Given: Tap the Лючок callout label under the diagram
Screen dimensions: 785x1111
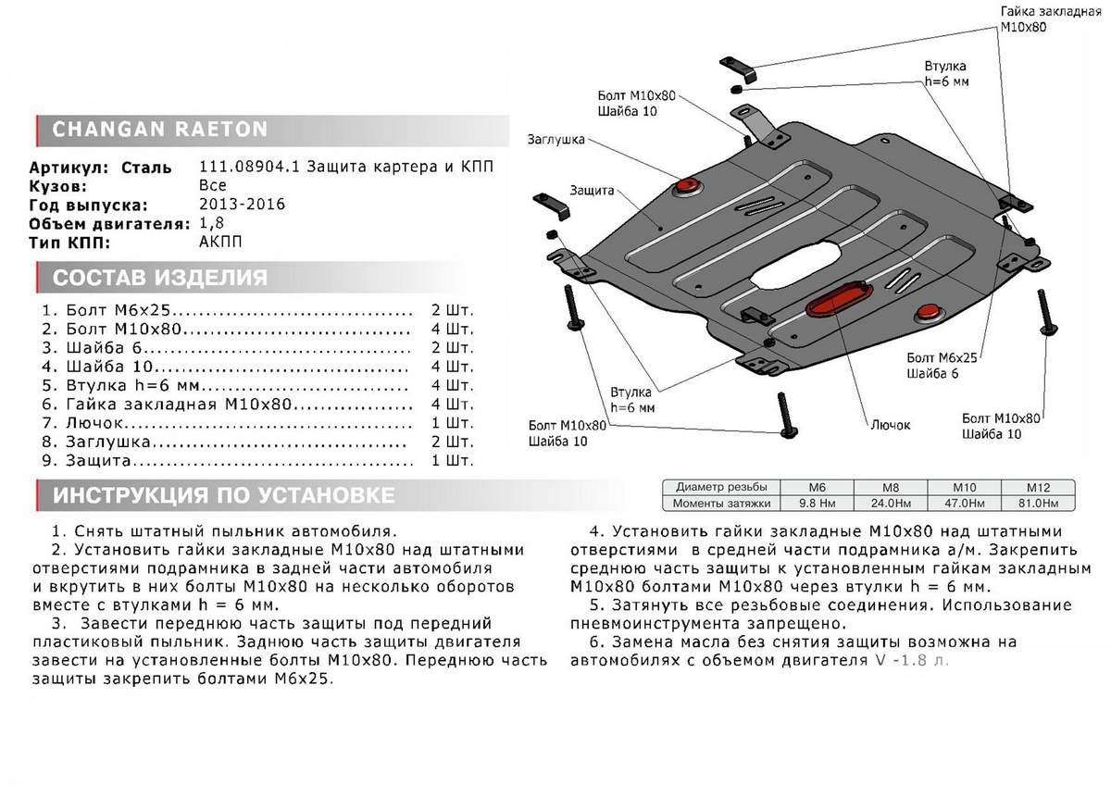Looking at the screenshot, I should [x=890, y=425].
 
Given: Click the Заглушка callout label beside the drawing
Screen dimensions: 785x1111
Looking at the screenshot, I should [x=555, y=140].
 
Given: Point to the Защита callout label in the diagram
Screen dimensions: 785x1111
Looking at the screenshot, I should [x=593, y=191].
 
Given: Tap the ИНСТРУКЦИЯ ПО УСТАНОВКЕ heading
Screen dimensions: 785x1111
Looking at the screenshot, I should [x=223, y=495].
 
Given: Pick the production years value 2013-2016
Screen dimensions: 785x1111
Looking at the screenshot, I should [x=243, y=205].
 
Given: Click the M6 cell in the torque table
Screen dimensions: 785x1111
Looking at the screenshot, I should [x=818, y=487].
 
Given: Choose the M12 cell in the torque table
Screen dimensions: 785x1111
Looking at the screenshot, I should [x=1039, y=487].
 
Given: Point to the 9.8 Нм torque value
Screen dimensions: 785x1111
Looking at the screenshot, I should [x=818, y=503].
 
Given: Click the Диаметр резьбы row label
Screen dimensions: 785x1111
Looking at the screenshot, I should [x=721, y=487].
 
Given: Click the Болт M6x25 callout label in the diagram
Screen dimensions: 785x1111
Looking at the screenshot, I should [x=943, y=356].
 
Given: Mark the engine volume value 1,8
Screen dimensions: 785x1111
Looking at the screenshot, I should [x=211, y=223].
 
